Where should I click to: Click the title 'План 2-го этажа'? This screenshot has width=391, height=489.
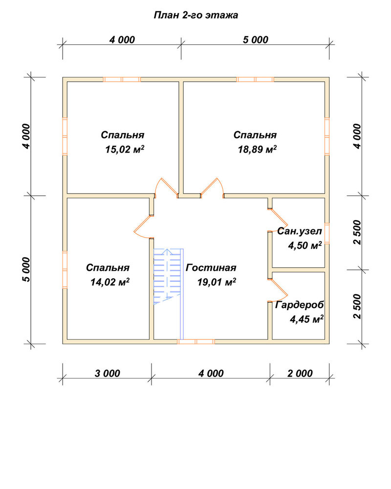[x=196, y=15]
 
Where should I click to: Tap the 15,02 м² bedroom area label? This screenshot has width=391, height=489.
[x=125, y=149]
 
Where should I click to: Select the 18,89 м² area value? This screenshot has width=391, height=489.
[x=257, y=149]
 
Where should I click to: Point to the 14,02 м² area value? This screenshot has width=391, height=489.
[x=110, y=282]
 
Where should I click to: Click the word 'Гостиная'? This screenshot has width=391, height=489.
[x=211, y=267]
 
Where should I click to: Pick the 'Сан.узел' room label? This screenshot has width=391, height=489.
[x=299, y=231]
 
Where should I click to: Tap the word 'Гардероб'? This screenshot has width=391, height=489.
[x=299, y=305]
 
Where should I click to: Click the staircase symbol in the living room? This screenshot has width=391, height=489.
[x=168, y=276]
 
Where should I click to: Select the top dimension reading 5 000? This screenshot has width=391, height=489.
[x=255, y=40]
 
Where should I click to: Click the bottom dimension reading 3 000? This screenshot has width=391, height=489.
[x=107, y=373]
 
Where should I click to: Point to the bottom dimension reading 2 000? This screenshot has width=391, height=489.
[x=300, y=373]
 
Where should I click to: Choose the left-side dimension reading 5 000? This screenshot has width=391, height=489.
[x=27, y=270]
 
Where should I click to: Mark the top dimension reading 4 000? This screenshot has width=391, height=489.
[x=122, y=40]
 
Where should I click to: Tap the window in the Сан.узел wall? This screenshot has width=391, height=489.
[x=327, y=233]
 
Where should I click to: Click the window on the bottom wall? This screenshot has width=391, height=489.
[x=196, y=341]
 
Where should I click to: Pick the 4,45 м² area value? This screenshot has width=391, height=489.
[x=306, y=319]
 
